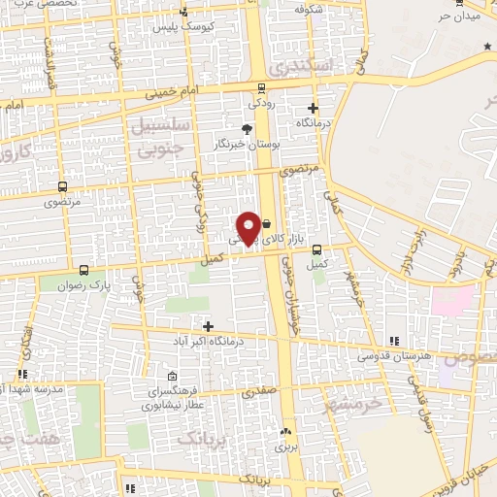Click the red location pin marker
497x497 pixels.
click(248, 228)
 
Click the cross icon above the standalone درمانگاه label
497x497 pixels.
click(313, 109)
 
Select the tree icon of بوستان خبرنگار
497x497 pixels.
click(248, 127)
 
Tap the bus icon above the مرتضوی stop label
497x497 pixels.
click(63, 186)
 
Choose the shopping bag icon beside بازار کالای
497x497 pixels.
click(266, 223)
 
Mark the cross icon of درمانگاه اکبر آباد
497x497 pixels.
click(206, 324)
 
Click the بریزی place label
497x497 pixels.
click(284, 447)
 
